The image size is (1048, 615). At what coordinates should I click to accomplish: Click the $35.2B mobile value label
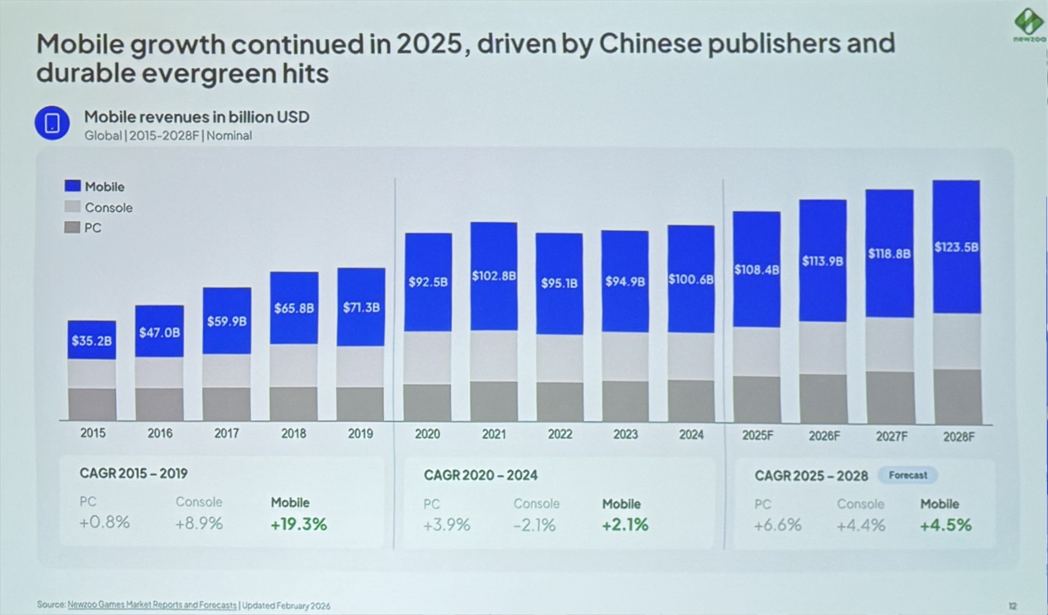click(x=92, y=341)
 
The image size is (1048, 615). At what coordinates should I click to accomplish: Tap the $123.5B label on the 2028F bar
click(x=956, y=247)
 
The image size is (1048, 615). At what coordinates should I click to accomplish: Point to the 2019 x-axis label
click(x=360, y=434)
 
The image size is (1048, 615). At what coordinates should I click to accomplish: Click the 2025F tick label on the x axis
click(x=758, y=435)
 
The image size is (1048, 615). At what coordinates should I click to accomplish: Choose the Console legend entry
click(x=108, y=208)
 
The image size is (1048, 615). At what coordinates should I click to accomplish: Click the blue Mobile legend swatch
click(x=73, y=186)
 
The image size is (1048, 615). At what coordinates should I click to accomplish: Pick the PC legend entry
click(x=92, y=228)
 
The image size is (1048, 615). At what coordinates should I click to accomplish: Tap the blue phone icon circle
click(x=52, y=123)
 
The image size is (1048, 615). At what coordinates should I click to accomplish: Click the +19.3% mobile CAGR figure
click(x=299, y=524)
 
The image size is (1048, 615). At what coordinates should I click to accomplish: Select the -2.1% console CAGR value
click(x=534, y=526)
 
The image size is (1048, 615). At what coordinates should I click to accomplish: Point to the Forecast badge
click(x=908, y=475)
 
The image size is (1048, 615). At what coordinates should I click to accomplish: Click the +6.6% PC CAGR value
click(x=777, y=526)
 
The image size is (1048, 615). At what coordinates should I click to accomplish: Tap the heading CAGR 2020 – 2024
click(x=480, y=475)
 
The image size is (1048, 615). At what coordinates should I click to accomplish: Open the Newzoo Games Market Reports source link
click(x=152, y=605)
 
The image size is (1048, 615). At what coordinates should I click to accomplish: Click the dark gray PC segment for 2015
click(x=92, y=404)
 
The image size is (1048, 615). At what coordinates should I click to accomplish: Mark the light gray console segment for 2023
click(x=625, y=356)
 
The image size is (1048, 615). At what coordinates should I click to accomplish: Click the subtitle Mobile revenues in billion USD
click(x=196, y=117)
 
